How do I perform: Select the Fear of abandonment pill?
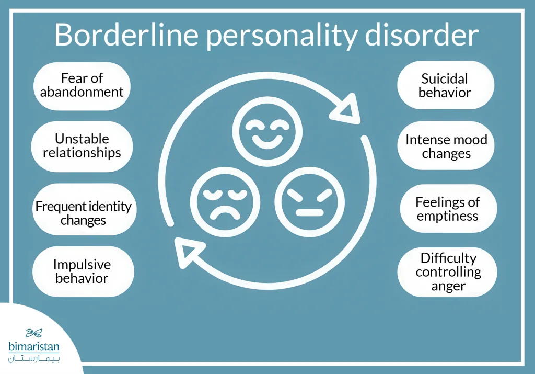click(x=82, y=86)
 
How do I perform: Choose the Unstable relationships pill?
click(x=82, y=146)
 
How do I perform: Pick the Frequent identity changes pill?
click(x=83, y=213)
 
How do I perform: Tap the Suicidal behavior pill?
click(x=445, y=86)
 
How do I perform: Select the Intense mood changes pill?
click(x=446, y=147)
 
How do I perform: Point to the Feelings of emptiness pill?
click(x=448, y=208)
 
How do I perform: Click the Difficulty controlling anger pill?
click(x=448, y=272)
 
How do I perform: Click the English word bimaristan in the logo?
click(x=34, y=346)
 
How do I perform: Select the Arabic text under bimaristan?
click(x=34, y=359)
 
